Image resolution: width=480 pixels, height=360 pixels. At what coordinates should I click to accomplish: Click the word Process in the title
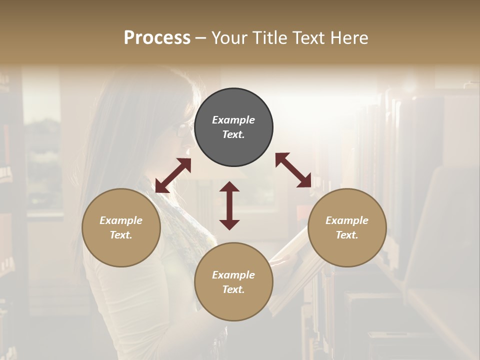(157, 38)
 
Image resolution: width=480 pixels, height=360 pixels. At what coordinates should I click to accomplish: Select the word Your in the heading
(229, 38)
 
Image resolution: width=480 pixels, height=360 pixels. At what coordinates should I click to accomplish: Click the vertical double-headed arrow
(229, 205)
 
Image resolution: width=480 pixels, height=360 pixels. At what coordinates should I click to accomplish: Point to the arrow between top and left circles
(173, 175)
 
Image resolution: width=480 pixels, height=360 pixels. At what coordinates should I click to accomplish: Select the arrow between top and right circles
(293, 170)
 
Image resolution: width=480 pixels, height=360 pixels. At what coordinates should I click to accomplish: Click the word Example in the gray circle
(233, 120)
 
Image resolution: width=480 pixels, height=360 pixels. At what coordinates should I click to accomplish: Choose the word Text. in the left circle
(121, 235)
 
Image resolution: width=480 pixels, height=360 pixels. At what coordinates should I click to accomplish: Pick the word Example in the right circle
(347, 220)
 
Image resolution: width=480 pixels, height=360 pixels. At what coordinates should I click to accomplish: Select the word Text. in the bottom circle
(233, 289)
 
